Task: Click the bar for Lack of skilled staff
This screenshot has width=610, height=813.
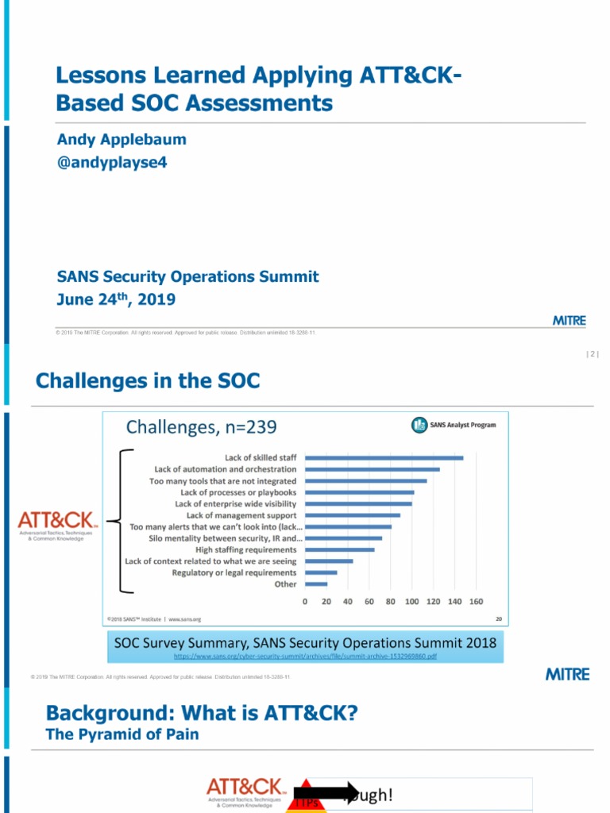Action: (x=384, y=457)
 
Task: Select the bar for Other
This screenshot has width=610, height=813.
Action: (x=316, y=584)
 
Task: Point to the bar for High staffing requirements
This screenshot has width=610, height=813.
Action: (x=340, y=549)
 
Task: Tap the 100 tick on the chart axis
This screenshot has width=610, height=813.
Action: (x=411, y=602)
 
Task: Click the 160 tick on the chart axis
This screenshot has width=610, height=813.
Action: (x=476, y=602)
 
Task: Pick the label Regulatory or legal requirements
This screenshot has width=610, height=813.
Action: (x=234, y=572)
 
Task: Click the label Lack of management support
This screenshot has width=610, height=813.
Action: (x=241, y=515)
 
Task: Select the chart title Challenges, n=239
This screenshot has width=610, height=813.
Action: (x=202, y=428)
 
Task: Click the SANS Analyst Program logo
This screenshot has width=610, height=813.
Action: (x=454, y=425)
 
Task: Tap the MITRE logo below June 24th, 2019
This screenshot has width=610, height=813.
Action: (x=569, y=321)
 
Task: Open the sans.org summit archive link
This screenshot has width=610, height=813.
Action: (x=305, y=657)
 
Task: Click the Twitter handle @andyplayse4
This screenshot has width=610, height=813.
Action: (x=112, y=163)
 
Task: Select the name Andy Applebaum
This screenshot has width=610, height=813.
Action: (x=122, y=140)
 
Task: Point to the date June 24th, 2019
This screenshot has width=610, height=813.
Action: (x=116, y=299)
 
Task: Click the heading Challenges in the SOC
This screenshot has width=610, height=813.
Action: (x=148, y=381)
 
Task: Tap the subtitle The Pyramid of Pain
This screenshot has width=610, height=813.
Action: (x=122, y=734)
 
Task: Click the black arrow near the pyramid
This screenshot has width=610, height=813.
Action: (x=328, y=792)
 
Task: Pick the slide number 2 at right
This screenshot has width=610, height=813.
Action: (x=592, y=354)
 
